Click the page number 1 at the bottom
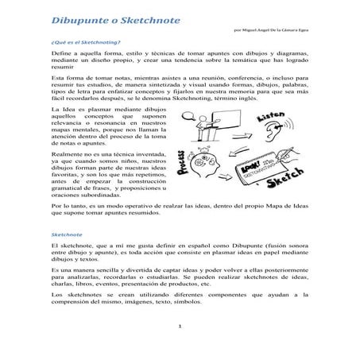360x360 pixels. (x=180, y=327)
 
